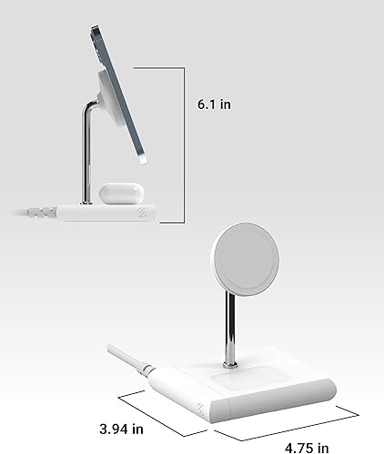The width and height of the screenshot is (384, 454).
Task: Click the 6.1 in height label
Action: click(214, 104)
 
